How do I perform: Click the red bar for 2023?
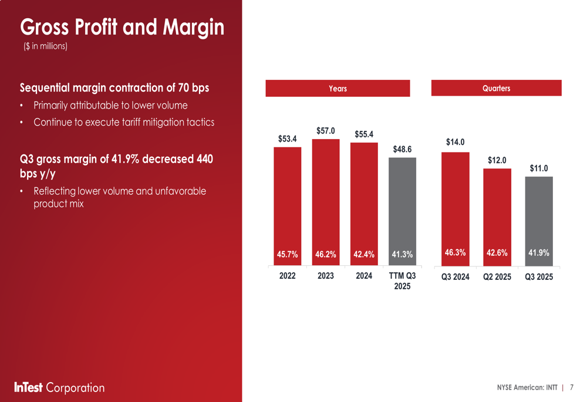[x=326, y=200]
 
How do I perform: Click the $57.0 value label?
[x=326, y=131]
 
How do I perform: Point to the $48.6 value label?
[x=402, y=149]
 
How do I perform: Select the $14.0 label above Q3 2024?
[x=456, y=142]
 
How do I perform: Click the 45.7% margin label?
[x=287, y=254]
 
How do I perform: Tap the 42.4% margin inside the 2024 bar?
[x=364, y=254]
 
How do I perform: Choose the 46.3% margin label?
[x=456, y=253]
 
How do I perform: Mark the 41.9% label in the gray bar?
[x=539, y=253]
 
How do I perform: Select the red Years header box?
[x=338, y=89]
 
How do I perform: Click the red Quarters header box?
[x=497, y=88]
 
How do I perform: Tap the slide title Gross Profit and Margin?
[x=122, y=27]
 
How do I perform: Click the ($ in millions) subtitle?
[x=45, y=46]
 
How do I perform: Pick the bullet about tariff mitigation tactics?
[x=124, y=122]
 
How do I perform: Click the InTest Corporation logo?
[x=59, y=387]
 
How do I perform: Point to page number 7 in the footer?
[x=572, y=387]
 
